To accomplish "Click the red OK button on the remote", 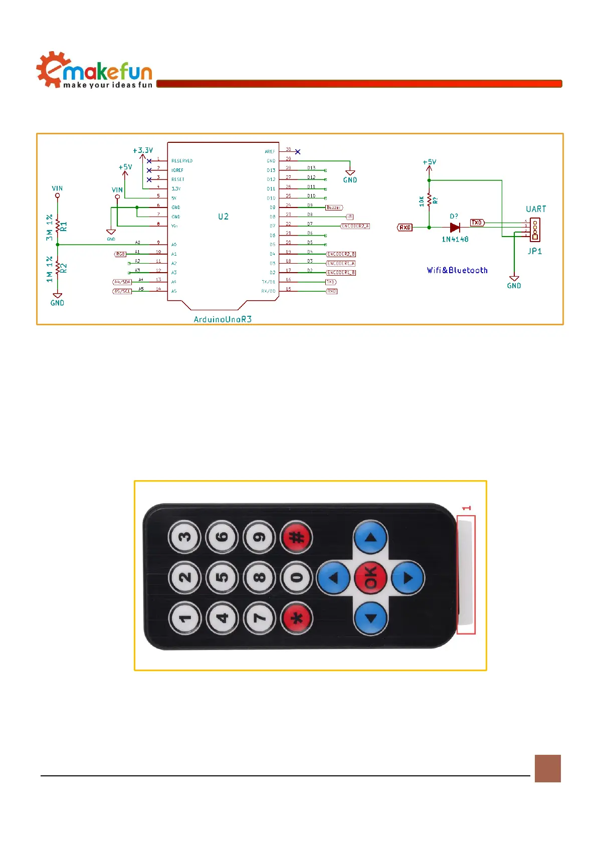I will tap(370, 577).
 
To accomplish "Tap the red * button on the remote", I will tap(297, 617).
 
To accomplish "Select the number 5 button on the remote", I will tap(223, 577).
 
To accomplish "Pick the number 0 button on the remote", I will tap(297, 577).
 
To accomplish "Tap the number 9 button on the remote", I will tap(260, 537).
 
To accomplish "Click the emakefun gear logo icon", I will tap(50, 70).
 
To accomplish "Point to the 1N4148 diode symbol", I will tap(455, 227).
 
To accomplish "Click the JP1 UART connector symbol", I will tap(535, 230).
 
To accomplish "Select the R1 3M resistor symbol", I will tap(58, 226).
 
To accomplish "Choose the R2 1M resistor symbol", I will tap(58, 267).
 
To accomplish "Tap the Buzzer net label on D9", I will tap(334, 207).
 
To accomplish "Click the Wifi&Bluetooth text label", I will tap(457, 270).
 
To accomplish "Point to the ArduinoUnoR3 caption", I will tap(223, 319).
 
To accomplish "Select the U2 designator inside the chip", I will tap(223, 217).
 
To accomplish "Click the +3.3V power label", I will tap(143, 150).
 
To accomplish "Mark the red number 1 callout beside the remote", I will tap(467, 508).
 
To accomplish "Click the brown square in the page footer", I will tap(547, 768).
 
